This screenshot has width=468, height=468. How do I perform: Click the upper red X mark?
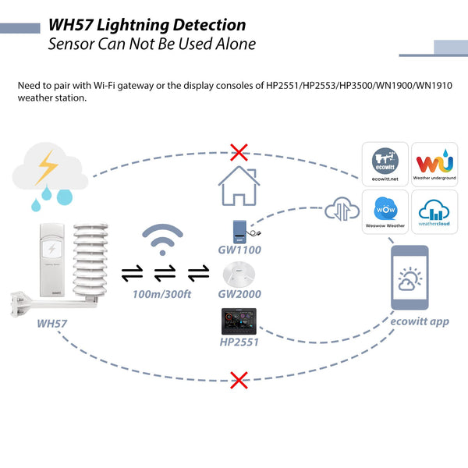click(239, 151)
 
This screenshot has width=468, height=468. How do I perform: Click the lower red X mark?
click(239, 381)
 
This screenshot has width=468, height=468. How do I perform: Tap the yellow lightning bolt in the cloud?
click(48, 165)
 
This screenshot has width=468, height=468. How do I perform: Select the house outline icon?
click(239, 186)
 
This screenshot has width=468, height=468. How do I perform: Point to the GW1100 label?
click(239, 250)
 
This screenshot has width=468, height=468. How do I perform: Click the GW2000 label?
click(239, 294)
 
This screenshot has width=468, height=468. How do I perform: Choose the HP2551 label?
click(239, 341)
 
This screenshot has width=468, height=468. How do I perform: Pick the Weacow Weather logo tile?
click(384, 212)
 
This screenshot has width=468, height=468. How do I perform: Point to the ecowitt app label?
click(420, 321)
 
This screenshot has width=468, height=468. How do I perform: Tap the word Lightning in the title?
click(133, 25)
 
